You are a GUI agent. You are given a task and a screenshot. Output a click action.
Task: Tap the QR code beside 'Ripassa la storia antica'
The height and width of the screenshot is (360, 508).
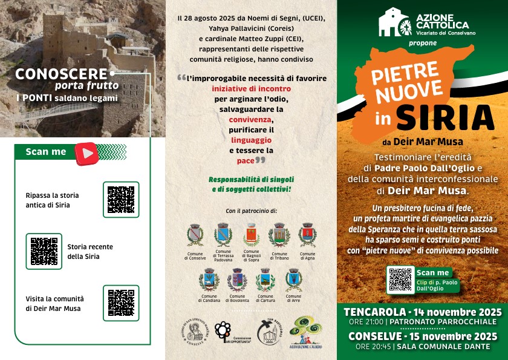(x=121, y=200)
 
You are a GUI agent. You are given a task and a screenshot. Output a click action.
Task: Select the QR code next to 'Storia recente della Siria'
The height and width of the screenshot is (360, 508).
(x=44, y=251)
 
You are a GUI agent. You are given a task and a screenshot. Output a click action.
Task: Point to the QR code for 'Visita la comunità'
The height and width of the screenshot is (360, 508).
(x=121, y=303)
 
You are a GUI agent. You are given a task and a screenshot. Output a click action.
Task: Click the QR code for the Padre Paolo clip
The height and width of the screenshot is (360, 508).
(x=400, y=280)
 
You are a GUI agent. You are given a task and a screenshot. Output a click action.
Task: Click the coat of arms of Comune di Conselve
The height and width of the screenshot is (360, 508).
(x=195, y=235)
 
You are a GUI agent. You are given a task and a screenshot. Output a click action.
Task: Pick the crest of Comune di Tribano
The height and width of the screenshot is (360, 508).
(x=279, y=235)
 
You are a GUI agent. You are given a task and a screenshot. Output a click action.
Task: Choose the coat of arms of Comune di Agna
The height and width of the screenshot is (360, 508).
(x=308, y=235)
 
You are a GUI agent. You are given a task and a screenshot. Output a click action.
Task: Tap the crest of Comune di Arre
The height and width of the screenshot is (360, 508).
(x=294, y=280)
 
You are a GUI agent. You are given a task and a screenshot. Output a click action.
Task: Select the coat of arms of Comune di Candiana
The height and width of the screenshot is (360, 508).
(x=209, y=280)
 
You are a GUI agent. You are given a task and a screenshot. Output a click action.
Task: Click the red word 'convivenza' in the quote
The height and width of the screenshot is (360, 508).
(x=251, y=120)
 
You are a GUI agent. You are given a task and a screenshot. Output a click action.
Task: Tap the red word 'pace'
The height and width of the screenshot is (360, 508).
(x=245, y=160)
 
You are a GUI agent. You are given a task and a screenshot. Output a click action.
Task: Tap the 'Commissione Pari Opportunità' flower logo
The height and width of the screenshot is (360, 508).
(x=223, y=332)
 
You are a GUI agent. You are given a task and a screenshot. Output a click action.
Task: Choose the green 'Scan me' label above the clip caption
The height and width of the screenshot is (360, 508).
(x=433, y=272)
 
